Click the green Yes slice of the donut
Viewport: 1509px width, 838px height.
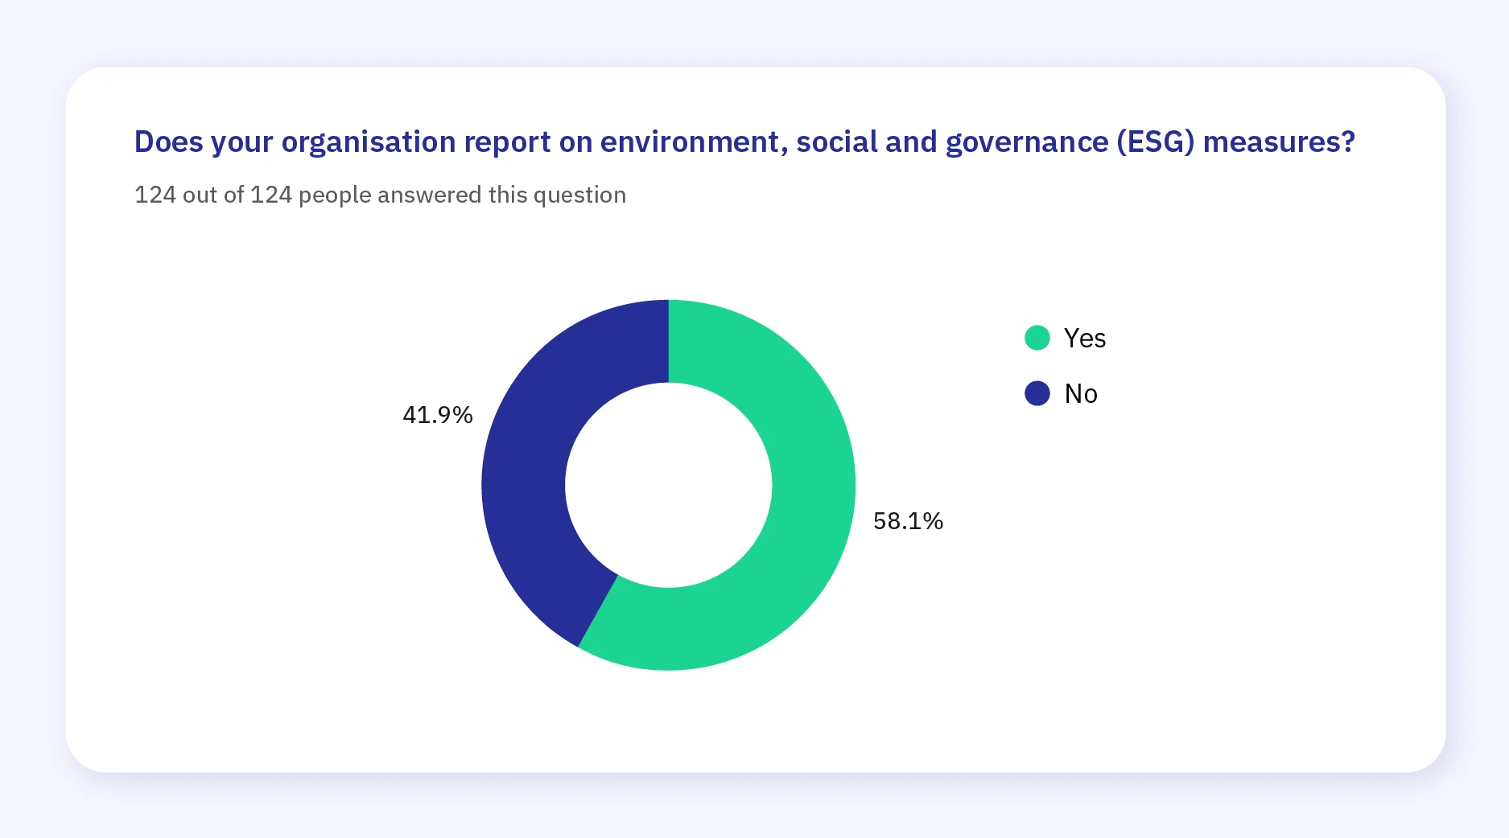click(805, 523)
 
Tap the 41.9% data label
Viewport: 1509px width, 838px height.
click(437, 415)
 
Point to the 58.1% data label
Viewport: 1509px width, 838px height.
click(908, 521)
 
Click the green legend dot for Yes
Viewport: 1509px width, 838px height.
click(1037, 338)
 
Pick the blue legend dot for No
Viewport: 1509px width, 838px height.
click(1037, 393)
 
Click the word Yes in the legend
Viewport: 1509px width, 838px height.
click(1084, 338)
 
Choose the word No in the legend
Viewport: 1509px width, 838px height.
click(1080, 393)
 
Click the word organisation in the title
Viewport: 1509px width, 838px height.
click(369, 142)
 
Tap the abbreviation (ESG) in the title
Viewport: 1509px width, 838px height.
click(1155, 142)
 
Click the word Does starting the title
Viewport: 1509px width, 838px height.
click(168, 142)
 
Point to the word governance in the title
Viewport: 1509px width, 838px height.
click(1026, 142)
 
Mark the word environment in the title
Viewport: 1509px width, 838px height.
click(691, 142)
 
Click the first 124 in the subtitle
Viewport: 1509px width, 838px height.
click(155, 195)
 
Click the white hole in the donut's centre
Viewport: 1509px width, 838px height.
click(668, 485)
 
